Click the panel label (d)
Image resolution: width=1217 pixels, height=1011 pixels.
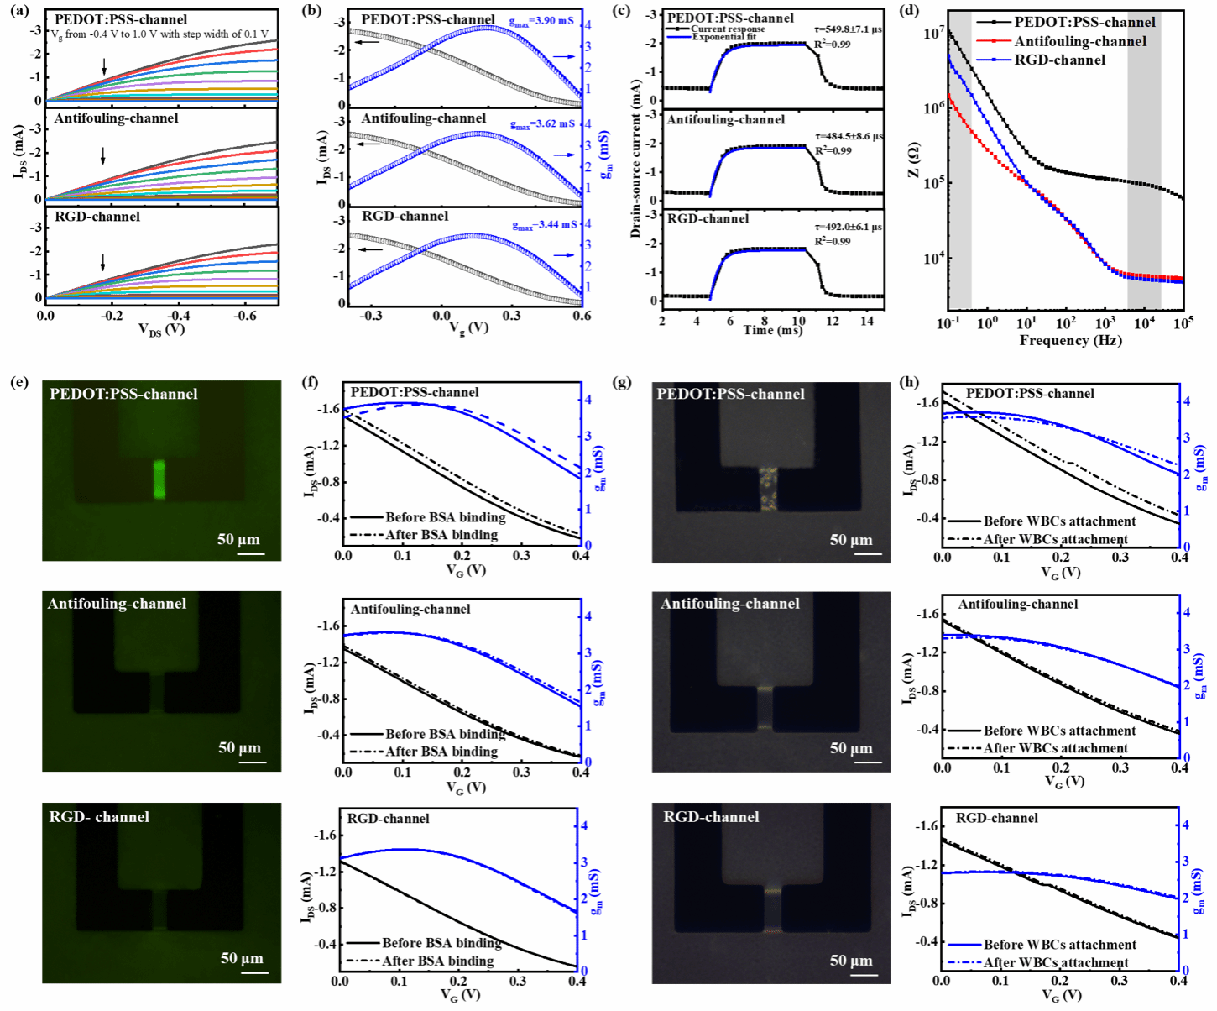click(908, 11)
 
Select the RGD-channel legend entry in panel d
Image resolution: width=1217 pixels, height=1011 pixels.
click(1060, 60)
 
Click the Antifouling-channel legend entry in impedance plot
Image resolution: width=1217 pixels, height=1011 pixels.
click(1079, 42)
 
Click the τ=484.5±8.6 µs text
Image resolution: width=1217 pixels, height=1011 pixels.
click(848, 136)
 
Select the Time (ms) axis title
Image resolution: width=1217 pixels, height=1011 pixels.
click(772, 331)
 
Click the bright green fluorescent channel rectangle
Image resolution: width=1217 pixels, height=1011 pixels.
click(159, 479)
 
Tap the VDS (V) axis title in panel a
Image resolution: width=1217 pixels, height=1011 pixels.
click(161, 329)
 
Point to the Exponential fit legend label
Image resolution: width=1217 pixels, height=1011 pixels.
click(723, 37)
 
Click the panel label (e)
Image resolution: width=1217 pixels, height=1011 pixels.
click(18, 382)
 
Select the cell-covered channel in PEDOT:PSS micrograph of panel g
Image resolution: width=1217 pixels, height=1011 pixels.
click(769, 489)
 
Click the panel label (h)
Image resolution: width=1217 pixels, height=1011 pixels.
click(908, 382)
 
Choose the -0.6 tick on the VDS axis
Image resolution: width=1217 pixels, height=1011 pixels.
click(244, 316)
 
